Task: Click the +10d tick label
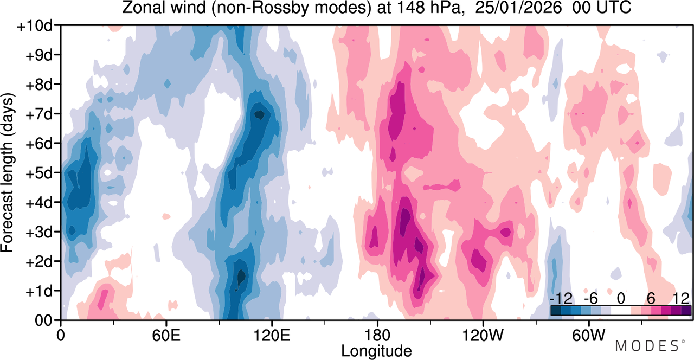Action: pos(34,26)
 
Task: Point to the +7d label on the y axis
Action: pos(38,114)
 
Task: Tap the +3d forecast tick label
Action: pos(38,233)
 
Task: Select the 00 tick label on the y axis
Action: pos(43,320)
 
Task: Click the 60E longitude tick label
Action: pos(166,335)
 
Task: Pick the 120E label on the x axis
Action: pos(272,335)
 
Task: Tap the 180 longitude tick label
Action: pos(377,335)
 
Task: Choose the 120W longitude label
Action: pos(483,335)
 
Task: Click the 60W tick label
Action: pos(588,335)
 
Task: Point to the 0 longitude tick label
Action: pos(61,335)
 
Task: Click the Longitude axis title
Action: pos(376,351)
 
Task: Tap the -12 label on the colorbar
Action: pos(561,299)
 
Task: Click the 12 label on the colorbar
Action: pos(681,299)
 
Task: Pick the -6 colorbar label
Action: pos(590,299)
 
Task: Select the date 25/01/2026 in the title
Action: pos(518,8)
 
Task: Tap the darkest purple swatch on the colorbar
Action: pos(686,311)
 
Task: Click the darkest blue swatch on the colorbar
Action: pos(556,311)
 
